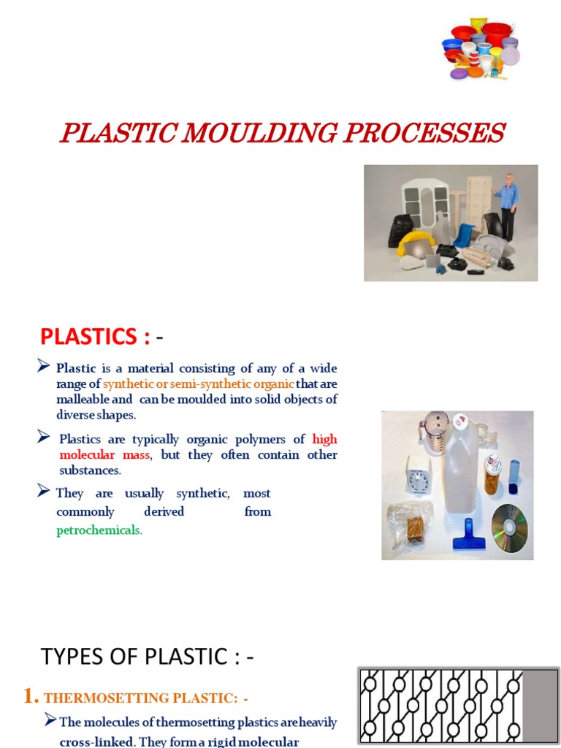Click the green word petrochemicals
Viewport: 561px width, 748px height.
99,530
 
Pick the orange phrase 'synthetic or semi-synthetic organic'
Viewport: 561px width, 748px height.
199,384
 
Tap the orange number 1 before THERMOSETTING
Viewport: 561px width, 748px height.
30,697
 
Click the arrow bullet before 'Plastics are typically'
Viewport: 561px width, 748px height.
44,438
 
